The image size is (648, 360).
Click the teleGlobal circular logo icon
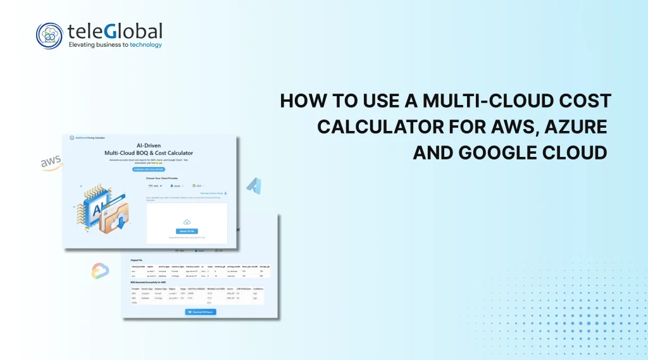pyautogui.click(x=50, y=35)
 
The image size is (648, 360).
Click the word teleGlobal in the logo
pyautogui.click(x=115, y=30)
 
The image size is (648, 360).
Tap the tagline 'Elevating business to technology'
pyautogui.click(x=115, y=45)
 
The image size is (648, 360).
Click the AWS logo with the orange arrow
pyautogui.click(x=51, y=163)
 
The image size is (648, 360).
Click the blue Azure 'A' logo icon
pyautogui.click(x=254, y=185)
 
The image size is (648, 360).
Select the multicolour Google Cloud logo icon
pyautogui.click(x=100, y=271)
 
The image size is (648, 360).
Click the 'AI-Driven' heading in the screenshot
pyautogui.click(x=149, y=145)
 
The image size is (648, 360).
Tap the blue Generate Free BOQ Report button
pyautogui.click(x=149, y=169)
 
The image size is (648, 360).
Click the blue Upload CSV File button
pyautogui.click(x=187, y=231)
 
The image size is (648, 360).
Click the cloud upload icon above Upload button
pyautogui.click(x=187, y=222)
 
